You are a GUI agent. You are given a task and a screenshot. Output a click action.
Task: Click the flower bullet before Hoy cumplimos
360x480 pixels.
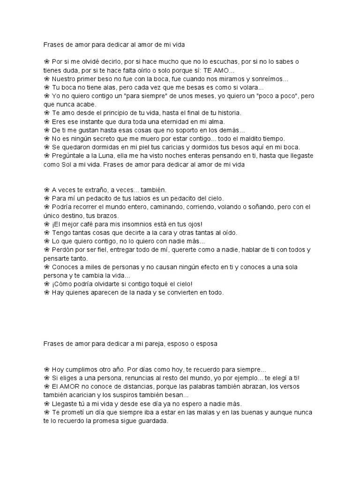47,369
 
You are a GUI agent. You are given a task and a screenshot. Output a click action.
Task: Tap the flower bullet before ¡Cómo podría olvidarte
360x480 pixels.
47,284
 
